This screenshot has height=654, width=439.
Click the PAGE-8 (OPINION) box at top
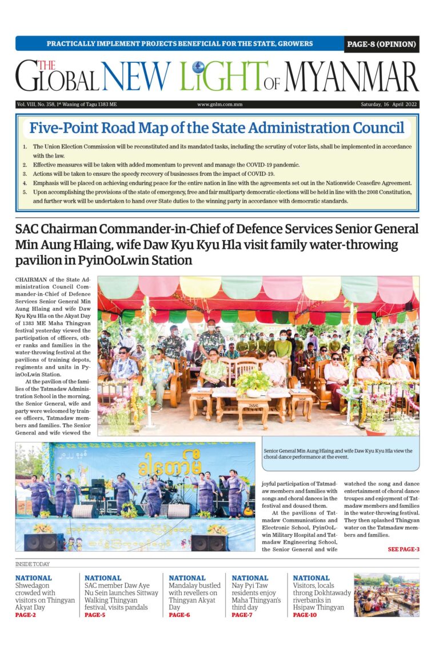point(381,44)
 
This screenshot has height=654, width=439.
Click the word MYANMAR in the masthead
point(351,77)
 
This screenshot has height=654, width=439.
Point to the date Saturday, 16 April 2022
point(389,105)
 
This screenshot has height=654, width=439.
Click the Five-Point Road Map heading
point(217,128)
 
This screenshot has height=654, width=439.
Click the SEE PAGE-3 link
point(404,549)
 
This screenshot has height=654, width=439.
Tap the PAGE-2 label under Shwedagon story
point(26,615)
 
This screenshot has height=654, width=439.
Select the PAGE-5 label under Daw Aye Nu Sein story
point(95,615)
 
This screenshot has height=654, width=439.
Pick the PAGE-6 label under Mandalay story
point(179,615)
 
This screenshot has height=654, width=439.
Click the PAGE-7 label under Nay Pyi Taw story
point(242,615)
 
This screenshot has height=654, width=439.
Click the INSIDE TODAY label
point(33,564)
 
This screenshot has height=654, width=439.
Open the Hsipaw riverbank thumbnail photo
point(386,595)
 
